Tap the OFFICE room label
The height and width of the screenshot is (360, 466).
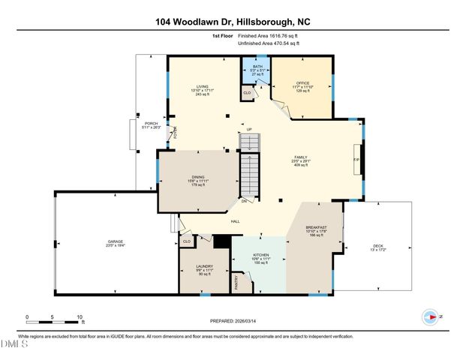pyautogui.click(x=302, y=82)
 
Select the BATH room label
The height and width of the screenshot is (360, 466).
pyautogui.click(x=257, y=67)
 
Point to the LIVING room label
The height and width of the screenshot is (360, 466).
pyautogui.click(x=202, y=86)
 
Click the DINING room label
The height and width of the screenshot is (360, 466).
pyautogui.click(x=197, y=177)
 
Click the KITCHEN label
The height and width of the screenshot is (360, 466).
pyautogui.click(x=260, y=255)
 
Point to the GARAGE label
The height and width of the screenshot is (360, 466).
pyautogui.click(x=115, y=241)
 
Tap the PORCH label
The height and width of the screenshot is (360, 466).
pyautogui.click(x=152, y=123)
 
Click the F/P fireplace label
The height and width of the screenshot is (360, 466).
pyautogui.click(x=356, y=159)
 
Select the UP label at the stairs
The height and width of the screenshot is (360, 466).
pyautogui.click(x=249, y=129)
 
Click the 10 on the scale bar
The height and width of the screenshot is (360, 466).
pyautogui.click(x=79, y=318)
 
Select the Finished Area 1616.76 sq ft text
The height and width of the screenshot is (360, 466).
pyautogui.click(x=268, y=35)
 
